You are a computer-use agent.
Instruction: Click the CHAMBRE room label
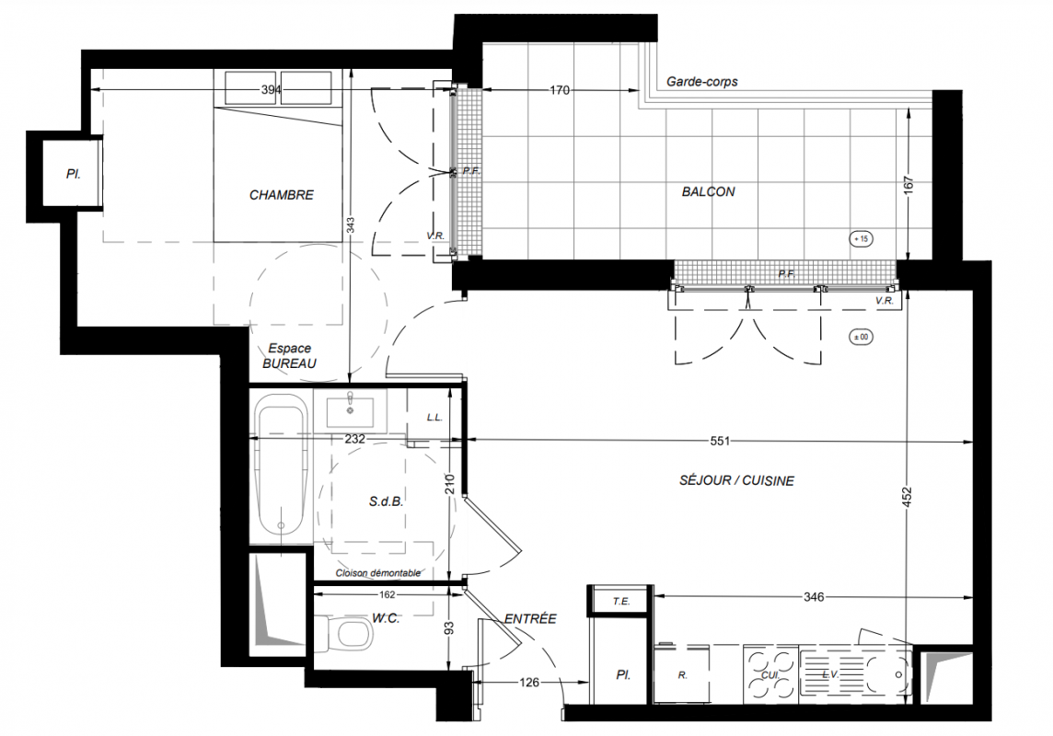282,195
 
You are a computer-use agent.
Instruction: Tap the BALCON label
708,192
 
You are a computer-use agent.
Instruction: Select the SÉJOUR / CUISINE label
736,480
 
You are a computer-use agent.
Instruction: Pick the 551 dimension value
719,442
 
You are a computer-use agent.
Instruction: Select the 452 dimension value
908,497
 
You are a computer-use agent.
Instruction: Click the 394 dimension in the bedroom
272,90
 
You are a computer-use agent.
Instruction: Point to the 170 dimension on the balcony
560,90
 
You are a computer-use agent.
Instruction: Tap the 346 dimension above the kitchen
814,596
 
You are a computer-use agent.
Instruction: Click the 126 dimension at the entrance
529,683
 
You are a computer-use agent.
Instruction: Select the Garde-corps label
701,82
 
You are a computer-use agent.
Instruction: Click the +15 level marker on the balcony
861,239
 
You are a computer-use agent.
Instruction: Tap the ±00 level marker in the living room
861,337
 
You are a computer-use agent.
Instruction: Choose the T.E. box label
621,601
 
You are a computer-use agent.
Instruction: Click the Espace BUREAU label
289,356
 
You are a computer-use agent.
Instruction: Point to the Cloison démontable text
378,573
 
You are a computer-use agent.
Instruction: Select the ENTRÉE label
530,618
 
